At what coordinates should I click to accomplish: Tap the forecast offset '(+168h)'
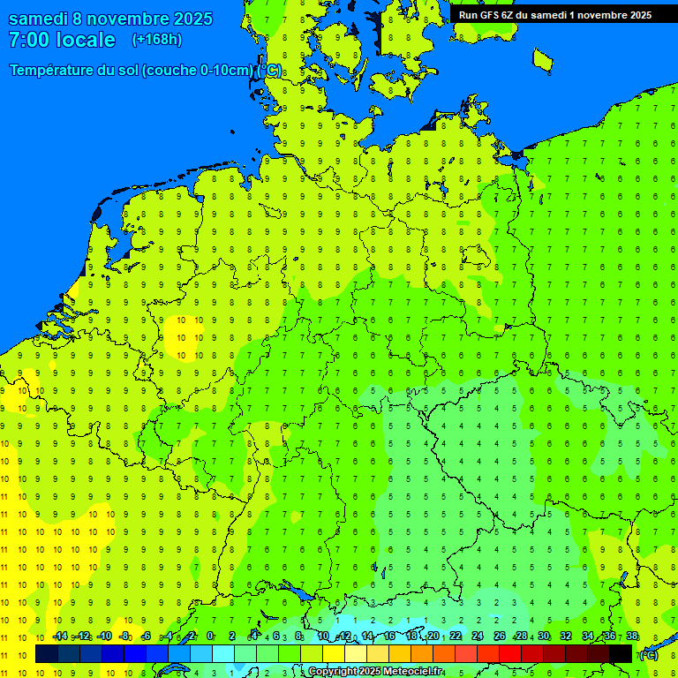tap(157, 40)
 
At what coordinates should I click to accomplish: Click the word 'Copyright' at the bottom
tap(333, 672)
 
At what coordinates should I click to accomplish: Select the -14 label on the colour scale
tap(59, 637)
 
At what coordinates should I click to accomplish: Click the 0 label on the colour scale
tap(210, 637)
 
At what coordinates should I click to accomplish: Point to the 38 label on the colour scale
tap(632, 637)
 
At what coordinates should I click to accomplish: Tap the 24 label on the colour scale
tap(478, 637)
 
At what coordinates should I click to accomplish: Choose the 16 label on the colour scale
tap(389, 637)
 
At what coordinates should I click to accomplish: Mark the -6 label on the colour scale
tap(146, 637)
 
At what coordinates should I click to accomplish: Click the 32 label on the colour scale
tap(566, 637)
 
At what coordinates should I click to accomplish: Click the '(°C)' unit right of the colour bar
tap(648, 656)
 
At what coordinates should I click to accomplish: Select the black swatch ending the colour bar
tap(621, 654)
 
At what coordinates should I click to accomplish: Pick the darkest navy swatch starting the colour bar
tap(47, 654)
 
